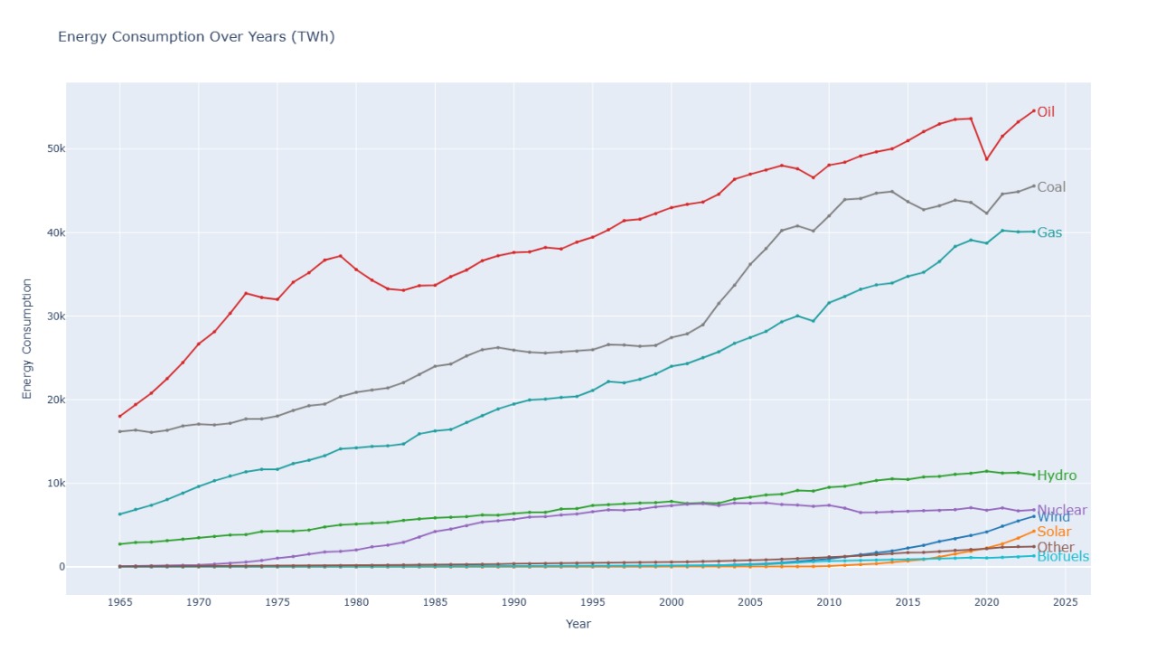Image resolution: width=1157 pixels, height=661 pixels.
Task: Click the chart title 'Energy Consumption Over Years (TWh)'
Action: [196, 37]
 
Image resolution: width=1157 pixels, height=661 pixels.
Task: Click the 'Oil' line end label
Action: [1045, 112]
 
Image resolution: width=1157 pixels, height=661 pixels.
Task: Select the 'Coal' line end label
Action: [1050, 187]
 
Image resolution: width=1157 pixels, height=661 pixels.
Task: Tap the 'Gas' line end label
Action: [1049, 232]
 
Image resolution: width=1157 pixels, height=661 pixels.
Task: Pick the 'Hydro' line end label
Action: [1056, 476]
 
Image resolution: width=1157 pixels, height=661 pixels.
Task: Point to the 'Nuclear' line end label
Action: [1061, 510]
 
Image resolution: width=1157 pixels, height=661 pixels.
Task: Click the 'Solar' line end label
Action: [1053, 532]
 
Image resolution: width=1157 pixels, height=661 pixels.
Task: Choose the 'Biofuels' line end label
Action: [1062, 557]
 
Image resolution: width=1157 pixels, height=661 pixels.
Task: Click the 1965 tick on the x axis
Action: [119, 602]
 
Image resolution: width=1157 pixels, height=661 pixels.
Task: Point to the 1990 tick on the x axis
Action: [513, 602]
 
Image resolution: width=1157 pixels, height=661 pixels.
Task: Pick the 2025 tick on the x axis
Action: [1065, 602]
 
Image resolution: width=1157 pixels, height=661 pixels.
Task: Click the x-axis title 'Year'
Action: [578, 624]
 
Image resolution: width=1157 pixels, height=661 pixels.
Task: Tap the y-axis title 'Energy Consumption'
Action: [27, 338]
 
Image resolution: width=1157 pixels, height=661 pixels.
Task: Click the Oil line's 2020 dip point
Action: [986, 159]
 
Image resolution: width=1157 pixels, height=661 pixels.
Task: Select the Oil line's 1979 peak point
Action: [340, 256]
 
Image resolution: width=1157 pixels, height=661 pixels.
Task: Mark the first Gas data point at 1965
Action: [119, 514]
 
